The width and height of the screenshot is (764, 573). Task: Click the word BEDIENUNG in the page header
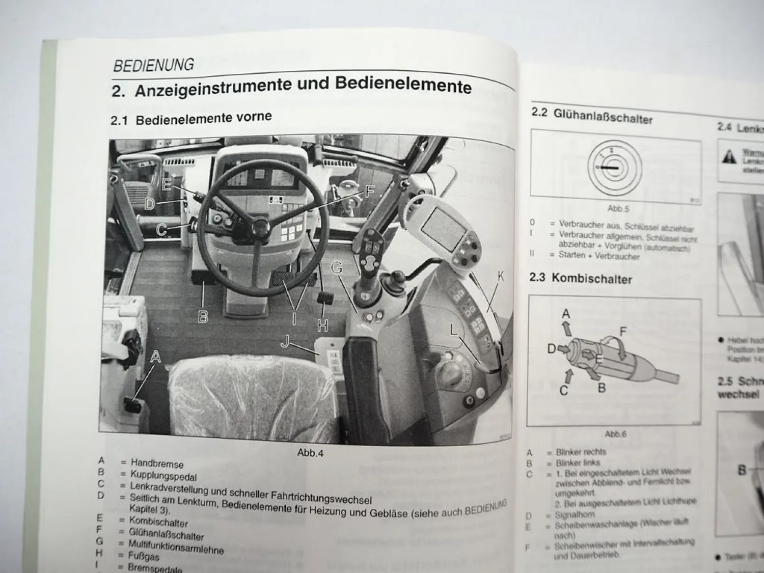coord(153,65)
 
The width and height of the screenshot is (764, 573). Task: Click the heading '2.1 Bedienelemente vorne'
coord(191,119)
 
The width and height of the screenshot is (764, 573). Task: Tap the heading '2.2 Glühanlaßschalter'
coord(592,116)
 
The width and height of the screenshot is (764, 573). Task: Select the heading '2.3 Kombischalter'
coord(581,279)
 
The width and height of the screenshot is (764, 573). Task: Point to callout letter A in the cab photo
coord(155,357)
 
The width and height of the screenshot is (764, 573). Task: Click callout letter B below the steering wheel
coord(203,316)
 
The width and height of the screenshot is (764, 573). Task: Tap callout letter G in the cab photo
coord(337,268)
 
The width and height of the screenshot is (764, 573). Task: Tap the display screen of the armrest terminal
coord(442,224)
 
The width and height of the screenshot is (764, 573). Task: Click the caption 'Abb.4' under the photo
coord(310,453)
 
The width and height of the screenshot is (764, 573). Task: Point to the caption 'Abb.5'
coord(618,208)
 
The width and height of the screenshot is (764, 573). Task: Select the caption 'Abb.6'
coord(615,434)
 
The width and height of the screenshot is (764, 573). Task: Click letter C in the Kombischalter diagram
coord(564,390)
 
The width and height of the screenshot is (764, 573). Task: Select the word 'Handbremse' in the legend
coord(157,463)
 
